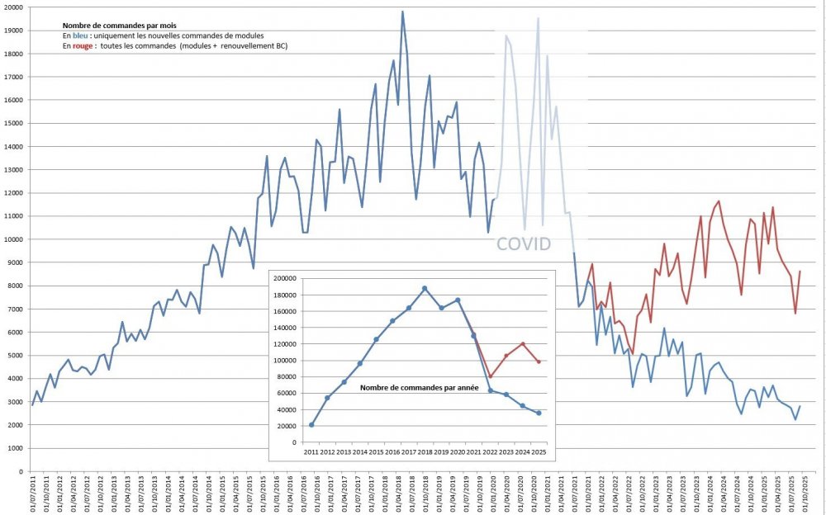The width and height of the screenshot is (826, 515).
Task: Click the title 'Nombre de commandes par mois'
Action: tap(119, 26)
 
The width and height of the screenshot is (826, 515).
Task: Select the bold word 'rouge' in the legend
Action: tap(83, 47)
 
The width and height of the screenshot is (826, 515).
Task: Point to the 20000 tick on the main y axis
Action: tap(15, 7)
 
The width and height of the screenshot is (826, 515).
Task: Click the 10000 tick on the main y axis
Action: tap(15, 239)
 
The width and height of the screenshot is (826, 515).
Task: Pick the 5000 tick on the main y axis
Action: tap(17, 356)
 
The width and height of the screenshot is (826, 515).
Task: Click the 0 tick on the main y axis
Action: tap(24, 471)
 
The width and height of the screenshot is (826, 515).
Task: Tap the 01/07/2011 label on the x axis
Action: tap(33, 495)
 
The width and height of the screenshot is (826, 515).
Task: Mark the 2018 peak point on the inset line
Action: tap(425, 288)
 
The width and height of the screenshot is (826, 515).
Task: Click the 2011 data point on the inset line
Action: tap(311, 425)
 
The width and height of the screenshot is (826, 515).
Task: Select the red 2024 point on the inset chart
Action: tap(522, 344)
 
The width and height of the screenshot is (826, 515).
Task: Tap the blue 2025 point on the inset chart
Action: tap(539, 413)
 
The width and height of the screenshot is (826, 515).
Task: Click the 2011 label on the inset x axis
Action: tap(311, 452)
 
